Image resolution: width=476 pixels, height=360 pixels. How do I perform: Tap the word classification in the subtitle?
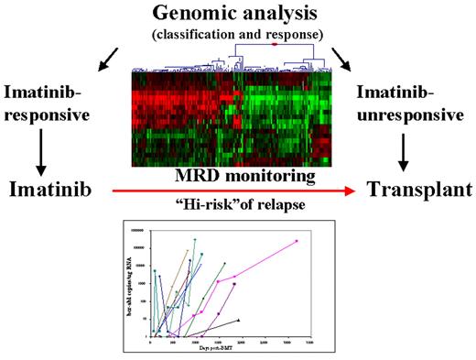[x=211, y=36]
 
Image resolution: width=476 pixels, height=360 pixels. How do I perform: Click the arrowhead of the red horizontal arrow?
[x=350, y=191]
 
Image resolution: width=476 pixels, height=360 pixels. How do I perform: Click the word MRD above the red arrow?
[x=200, y=174]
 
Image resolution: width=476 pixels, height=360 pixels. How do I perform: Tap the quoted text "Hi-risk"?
[x=189, y=205]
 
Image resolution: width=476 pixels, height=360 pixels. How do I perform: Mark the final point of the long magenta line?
[x=297, y=242]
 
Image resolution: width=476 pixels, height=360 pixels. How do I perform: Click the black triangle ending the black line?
[x=238, y=320]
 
